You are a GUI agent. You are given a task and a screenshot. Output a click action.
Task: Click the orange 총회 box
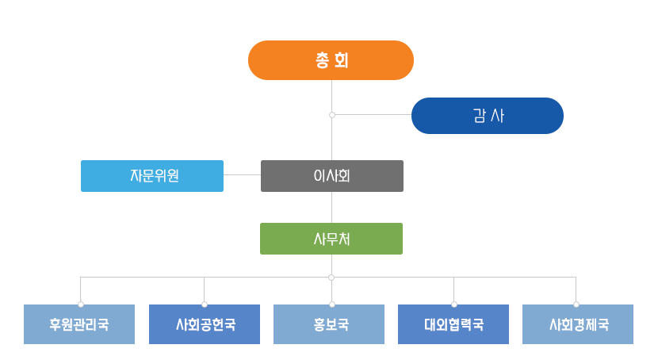coord(331,60)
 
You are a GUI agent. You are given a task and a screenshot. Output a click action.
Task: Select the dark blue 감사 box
coord(487,116)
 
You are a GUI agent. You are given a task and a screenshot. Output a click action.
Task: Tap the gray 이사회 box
coord(331,176)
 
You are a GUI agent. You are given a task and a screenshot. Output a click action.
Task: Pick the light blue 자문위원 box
coord(152,176)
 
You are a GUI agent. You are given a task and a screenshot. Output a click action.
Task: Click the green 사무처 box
coord(331,239)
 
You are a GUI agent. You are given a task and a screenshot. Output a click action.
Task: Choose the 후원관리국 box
coord(79,324)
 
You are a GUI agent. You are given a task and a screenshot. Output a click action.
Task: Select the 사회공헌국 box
coord(205,324)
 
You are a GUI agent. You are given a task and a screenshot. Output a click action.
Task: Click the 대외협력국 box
coord(453,324)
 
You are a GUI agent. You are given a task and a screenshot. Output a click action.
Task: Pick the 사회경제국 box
coord(578,324)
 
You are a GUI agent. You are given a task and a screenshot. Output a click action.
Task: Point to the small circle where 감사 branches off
coord(331,115)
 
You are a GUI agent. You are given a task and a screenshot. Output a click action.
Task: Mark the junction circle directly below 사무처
coord(331,277)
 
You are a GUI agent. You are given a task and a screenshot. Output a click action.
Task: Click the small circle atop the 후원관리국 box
coord(80,304)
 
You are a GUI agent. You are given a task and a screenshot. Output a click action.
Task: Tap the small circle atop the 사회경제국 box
coord(576,304)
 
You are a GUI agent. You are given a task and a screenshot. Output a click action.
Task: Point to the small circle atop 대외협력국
coord(453,304)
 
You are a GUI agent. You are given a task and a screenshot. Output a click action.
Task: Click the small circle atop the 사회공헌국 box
coord(205,304)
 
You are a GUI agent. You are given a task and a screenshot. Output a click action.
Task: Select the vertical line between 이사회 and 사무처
coord(331,207)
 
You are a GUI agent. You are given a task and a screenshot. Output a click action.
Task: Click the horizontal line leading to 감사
coord(373,115)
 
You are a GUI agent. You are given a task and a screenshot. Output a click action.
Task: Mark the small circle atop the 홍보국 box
coord(331,304)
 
